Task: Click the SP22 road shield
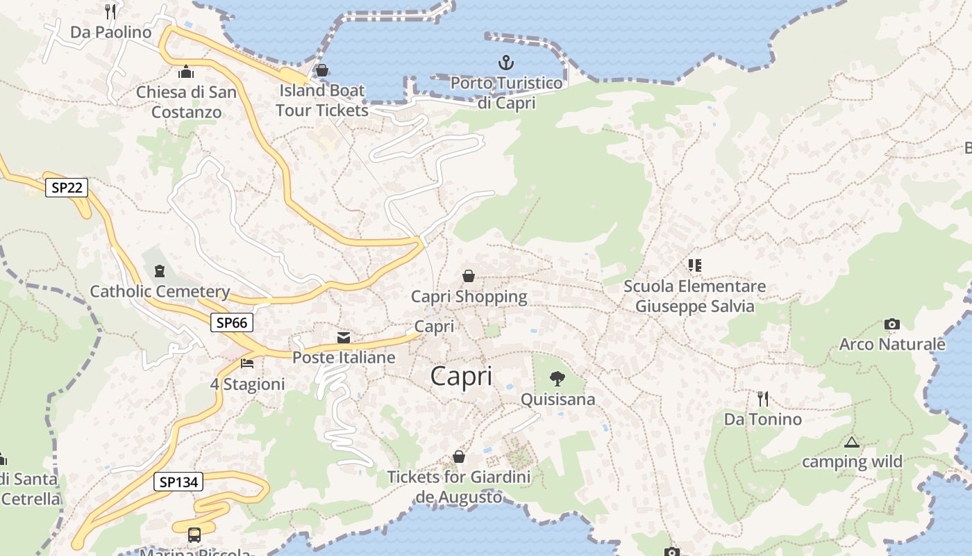[x=67, y=188]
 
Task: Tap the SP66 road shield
[x=232, y=322]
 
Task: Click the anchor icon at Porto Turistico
[x=506, y=63]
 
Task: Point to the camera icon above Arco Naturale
[x=892, y=325]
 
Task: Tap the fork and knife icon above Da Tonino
[x=763, y=399]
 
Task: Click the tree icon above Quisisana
[x=557, y=379]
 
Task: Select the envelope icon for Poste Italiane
[x=344, y=338]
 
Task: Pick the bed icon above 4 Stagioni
[x=247, y=363]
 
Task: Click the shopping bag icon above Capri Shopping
[x=469, y=277]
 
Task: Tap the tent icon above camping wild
[x=852, y=442]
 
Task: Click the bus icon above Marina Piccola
[x=194, y=535]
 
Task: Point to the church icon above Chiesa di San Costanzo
[x=185, y=72]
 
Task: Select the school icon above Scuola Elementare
[x=694, y=265]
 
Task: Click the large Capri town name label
[x=461, y=376]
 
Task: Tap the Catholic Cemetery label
[x=160, y=291]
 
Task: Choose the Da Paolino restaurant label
[x=111, y=32]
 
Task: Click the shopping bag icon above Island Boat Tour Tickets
[x=321, y=70]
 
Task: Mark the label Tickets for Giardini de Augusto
[x=458, y=486]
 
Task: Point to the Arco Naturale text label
[x=892, y=344]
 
